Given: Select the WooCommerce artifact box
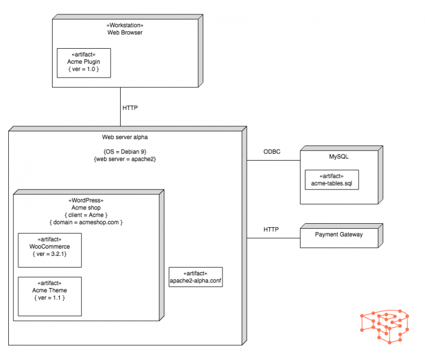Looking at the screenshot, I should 50,250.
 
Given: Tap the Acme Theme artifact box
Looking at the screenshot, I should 50,296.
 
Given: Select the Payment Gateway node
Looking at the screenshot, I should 339,235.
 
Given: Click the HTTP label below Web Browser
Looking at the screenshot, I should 130,108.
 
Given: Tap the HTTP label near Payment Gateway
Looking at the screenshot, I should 271,229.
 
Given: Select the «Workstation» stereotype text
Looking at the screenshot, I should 125,25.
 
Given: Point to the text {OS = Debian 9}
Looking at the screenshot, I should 125,151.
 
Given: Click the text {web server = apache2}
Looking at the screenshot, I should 125,159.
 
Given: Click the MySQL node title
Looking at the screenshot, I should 339,157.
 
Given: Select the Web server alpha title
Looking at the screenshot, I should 125,137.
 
